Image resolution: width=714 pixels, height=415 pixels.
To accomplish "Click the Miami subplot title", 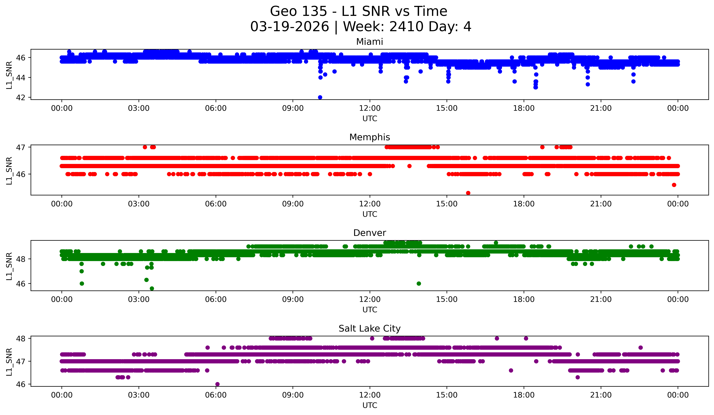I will (370, 42).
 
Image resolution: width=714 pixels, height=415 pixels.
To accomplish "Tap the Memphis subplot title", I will (370, 137).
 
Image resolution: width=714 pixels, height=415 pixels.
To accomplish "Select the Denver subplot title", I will (370, 233).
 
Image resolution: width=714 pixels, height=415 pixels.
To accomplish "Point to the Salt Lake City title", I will (370, 329).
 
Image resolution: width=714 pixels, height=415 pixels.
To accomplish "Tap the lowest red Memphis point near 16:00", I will (468, 193).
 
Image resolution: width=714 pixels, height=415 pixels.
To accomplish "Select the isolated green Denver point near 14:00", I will (419, 283).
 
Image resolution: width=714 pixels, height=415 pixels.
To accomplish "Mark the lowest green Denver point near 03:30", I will (152, 288).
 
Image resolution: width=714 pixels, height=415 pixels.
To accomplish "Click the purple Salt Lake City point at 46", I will (217, 384).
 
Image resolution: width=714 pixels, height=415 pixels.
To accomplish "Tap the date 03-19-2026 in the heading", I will (290, 27).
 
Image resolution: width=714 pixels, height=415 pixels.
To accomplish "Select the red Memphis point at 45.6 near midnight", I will (674, 185).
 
